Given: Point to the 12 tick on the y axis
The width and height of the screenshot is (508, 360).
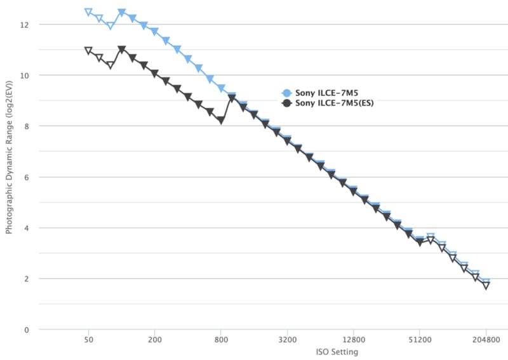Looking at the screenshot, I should pos(24,25).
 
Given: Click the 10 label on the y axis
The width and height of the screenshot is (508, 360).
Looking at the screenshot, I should pos(24,76).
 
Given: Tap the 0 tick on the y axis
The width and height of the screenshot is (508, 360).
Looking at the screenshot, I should pos(26,330).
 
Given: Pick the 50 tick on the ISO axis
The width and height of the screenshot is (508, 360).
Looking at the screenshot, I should pos(89,340).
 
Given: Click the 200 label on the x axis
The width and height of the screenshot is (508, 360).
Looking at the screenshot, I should pos(154,340).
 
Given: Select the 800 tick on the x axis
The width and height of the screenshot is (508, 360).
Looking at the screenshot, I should pos(221,340).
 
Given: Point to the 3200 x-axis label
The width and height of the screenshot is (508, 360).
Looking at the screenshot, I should pos(287,340).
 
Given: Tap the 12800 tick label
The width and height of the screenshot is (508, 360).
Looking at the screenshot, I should pos(353,340).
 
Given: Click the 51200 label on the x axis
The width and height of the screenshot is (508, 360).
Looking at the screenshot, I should pos(420,340).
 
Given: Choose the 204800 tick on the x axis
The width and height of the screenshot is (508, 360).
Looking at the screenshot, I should pos(486,340).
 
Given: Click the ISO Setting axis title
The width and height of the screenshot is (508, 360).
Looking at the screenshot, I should pos(337,352).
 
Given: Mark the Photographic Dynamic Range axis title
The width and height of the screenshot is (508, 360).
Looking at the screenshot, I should pos(9,177).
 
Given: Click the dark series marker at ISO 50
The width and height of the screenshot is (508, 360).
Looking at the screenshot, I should pos(89,51).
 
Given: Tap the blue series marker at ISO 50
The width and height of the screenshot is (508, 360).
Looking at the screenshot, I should pos(89,13).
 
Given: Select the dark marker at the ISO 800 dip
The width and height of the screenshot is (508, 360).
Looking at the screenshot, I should pos(221,120).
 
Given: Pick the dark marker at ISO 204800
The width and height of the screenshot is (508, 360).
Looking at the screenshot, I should pos(486,286).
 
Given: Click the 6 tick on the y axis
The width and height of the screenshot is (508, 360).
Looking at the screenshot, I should pos(26,177).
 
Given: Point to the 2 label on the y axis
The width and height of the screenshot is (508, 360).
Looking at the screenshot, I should pos(26,279).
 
